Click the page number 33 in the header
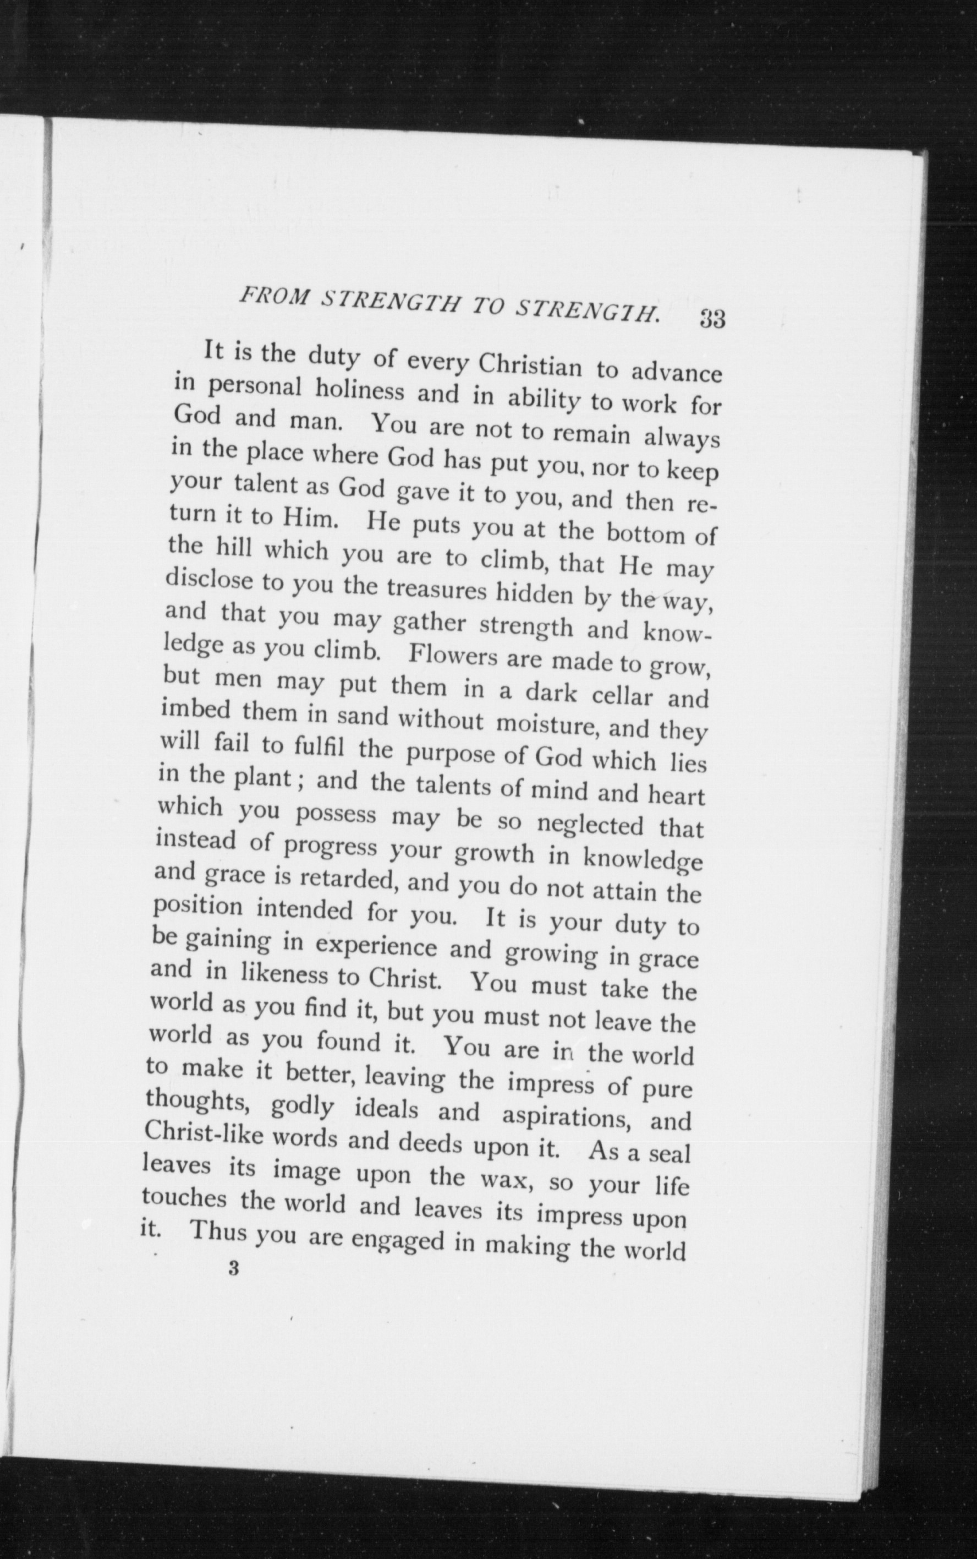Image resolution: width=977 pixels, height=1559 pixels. [x=712, y=319]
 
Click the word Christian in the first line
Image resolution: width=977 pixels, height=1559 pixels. [x=530, y=366]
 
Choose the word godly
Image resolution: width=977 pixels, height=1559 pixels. [x=303, y=1108]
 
